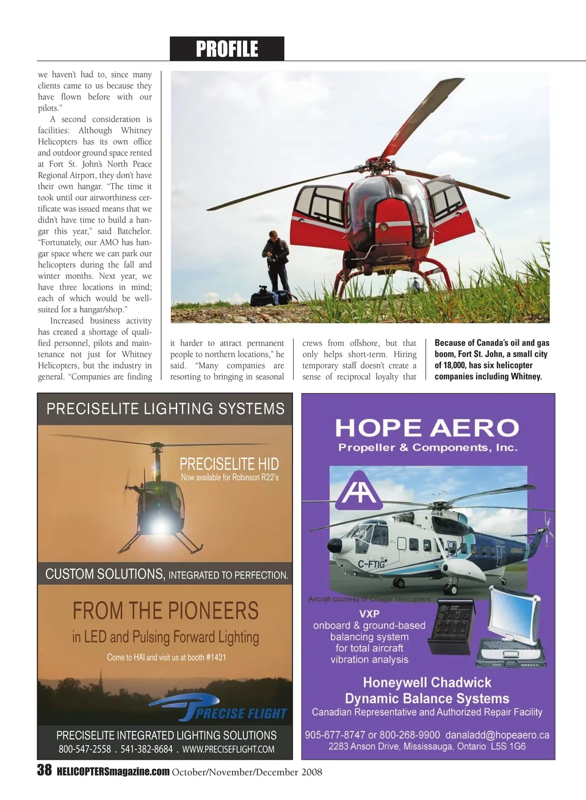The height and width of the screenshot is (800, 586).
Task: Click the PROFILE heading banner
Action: click(x=227, y=49)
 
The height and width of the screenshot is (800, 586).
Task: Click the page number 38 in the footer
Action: click(x=45, y=770)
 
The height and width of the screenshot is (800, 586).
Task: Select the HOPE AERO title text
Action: click(x=427, y=428)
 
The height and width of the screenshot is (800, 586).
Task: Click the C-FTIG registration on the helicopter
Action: click(x=371, y=564)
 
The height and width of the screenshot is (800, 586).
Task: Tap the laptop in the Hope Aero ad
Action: click(x=513, y=625)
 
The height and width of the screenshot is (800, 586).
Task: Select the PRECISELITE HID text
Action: click(x=229, y=464)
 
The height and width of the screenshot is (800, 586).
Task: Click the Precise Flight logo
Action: click(x=220, y=709)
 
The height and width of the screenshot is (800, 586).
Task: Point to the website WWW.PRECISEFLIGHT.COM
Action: click(x=228, y=749)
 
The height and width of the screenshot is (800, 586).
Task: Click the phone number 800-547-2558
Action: click(x=85, y=749)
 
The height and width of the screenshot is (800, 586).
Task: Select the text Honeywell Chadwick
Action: click(x=427, y=682)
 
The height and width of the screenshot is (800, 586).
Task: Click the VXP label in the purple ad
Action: click(x=369, y=613)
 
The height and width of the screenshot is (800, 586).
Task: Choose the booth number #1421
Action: click(x=216, y=657)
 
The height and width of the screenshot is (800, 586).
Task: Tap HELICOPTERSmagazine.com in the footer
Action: click(x=113, y=771)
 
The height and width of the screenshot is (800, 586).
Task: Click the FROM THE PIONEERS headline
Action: click(x=165, y=610)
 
